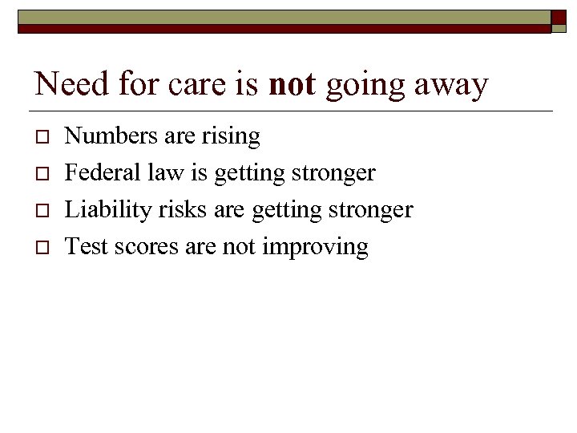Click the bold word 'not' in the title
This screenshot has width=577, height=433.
point(293,84)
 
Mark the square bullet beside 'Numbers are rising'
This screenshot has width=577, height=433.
point(40,138)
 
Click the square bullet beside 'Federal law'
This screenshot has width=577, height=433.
point(40,174)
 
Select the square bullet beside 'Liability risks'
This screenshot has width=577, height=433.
point(40,211)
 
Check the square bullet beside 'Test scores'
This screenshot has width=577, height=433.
point(40,248)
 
